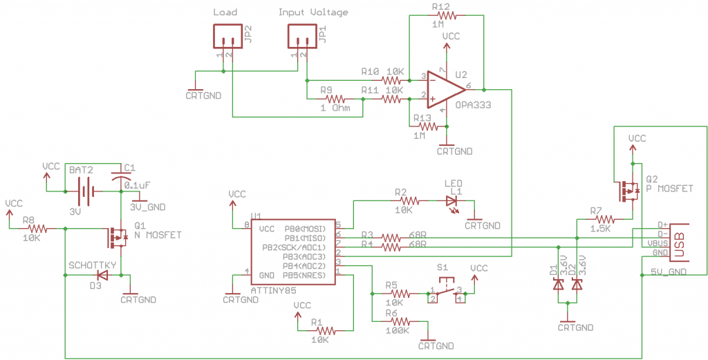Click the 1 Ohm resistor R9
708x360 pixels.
pos(335,100)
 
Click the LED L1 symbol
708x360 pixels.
pos(452,201)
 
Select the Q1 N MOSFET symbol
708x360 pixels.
pos(115,237)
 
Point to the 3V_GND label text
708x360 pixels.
pos(148,207)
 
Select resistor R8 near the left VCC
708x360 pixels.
pos(37,229)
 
